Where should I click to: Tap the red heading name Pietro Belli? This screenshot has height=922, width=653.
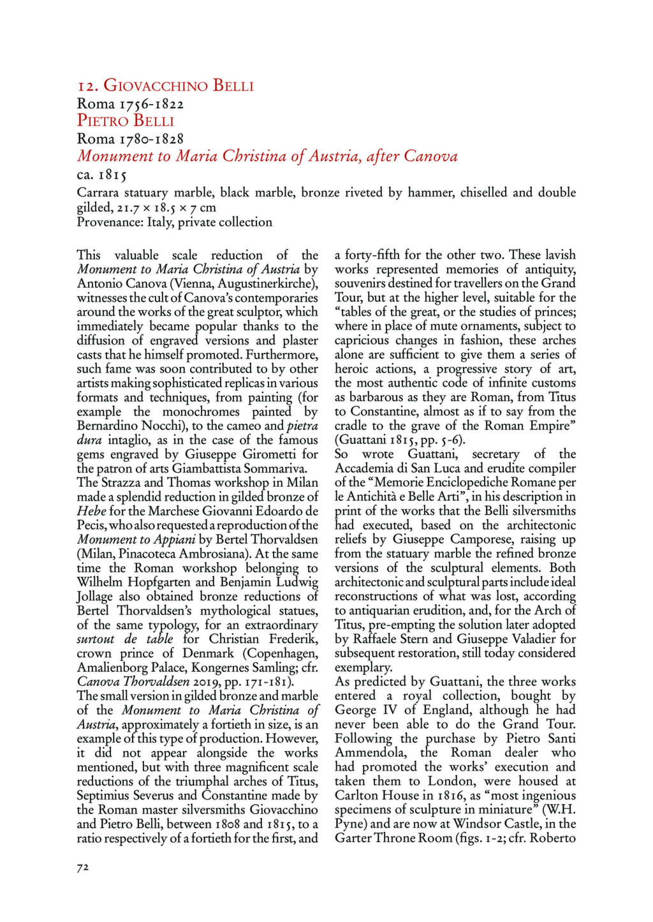point(126,121)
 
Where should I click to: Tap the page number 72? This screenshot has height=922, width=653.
point(83,866)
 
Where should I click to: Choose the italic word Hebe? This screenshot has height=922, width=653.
point(91,511)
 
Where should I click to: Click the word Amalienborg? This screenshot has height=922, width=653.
point(114,667)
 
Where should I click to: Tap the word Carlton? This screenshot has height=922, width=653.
point(357,796)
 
